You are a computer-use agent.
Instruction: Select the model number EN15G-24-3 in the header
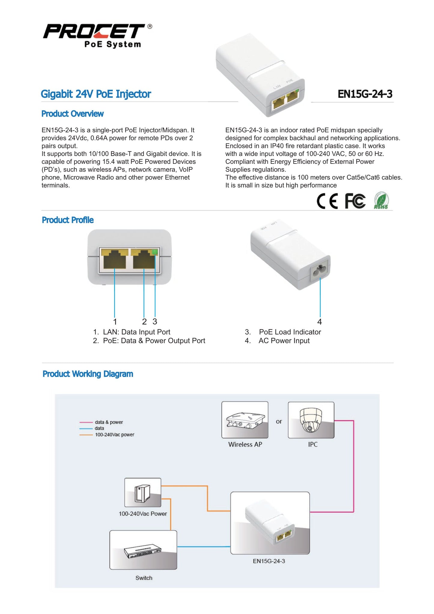tap(365, 94)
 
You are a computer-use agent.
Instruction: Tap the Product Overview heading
tap(72, 114)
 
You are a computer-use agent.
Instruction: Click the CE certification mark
tap(327, 201)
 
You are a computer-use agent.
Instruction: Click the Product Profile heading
tap(68, 220)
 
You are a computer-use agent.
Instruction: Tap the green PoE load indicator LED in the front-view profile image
tap(155, 252)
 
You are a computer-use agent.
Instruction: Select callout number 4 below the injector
tap(320, 322)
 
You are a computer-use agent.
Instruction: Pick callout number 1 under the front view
tap(115, 322)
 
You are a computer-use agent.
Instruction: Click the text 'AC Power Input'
tap(284, 341)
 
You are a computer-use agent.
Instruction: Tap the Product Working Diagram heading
tap(88, 374)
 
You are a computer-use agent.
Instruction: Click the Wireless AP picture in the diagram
tap(245, 420)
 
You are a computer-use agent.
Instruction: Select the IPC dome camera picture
tap(311, 420)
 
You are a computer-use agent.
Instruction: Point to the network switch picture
tap(143, 550)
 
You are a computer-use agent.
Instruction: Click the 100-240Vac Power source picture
tap(143, 492)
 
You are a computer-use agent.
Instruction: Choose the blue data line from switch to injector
tap(204, 547)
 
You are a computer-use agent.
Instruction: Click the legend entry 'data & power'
tap(109, 422)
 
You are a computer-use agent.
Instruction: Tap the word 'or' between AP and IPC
tap(279, 422)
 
